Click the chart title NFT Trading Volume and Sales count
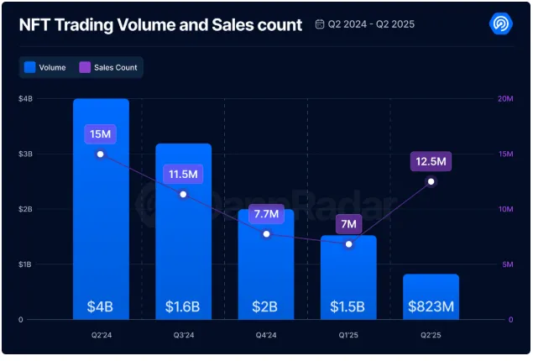click(160, 25)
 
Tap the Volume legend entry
click(45, 67)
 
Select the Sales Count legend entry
click(109, 67)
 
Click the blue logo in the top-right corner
click(500, 24)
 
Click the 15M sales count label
click(100, 134)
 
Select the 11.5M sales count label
click(183, 175)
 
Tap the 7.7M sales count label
click(266, 214)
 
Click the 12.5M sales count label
click(431, 161)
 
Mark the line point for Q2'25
click(431, 181)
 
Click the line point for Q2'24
click(101, 154)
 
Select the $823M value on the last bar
click(431, 306)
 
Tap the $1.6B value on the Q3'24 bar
click(183, 306)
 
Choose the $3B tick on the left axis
click(26, 154)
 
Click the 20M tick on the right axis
click(505, 99)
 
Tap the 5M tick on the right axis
click(507, 264)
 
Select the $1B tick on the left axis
click(26, 264)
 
